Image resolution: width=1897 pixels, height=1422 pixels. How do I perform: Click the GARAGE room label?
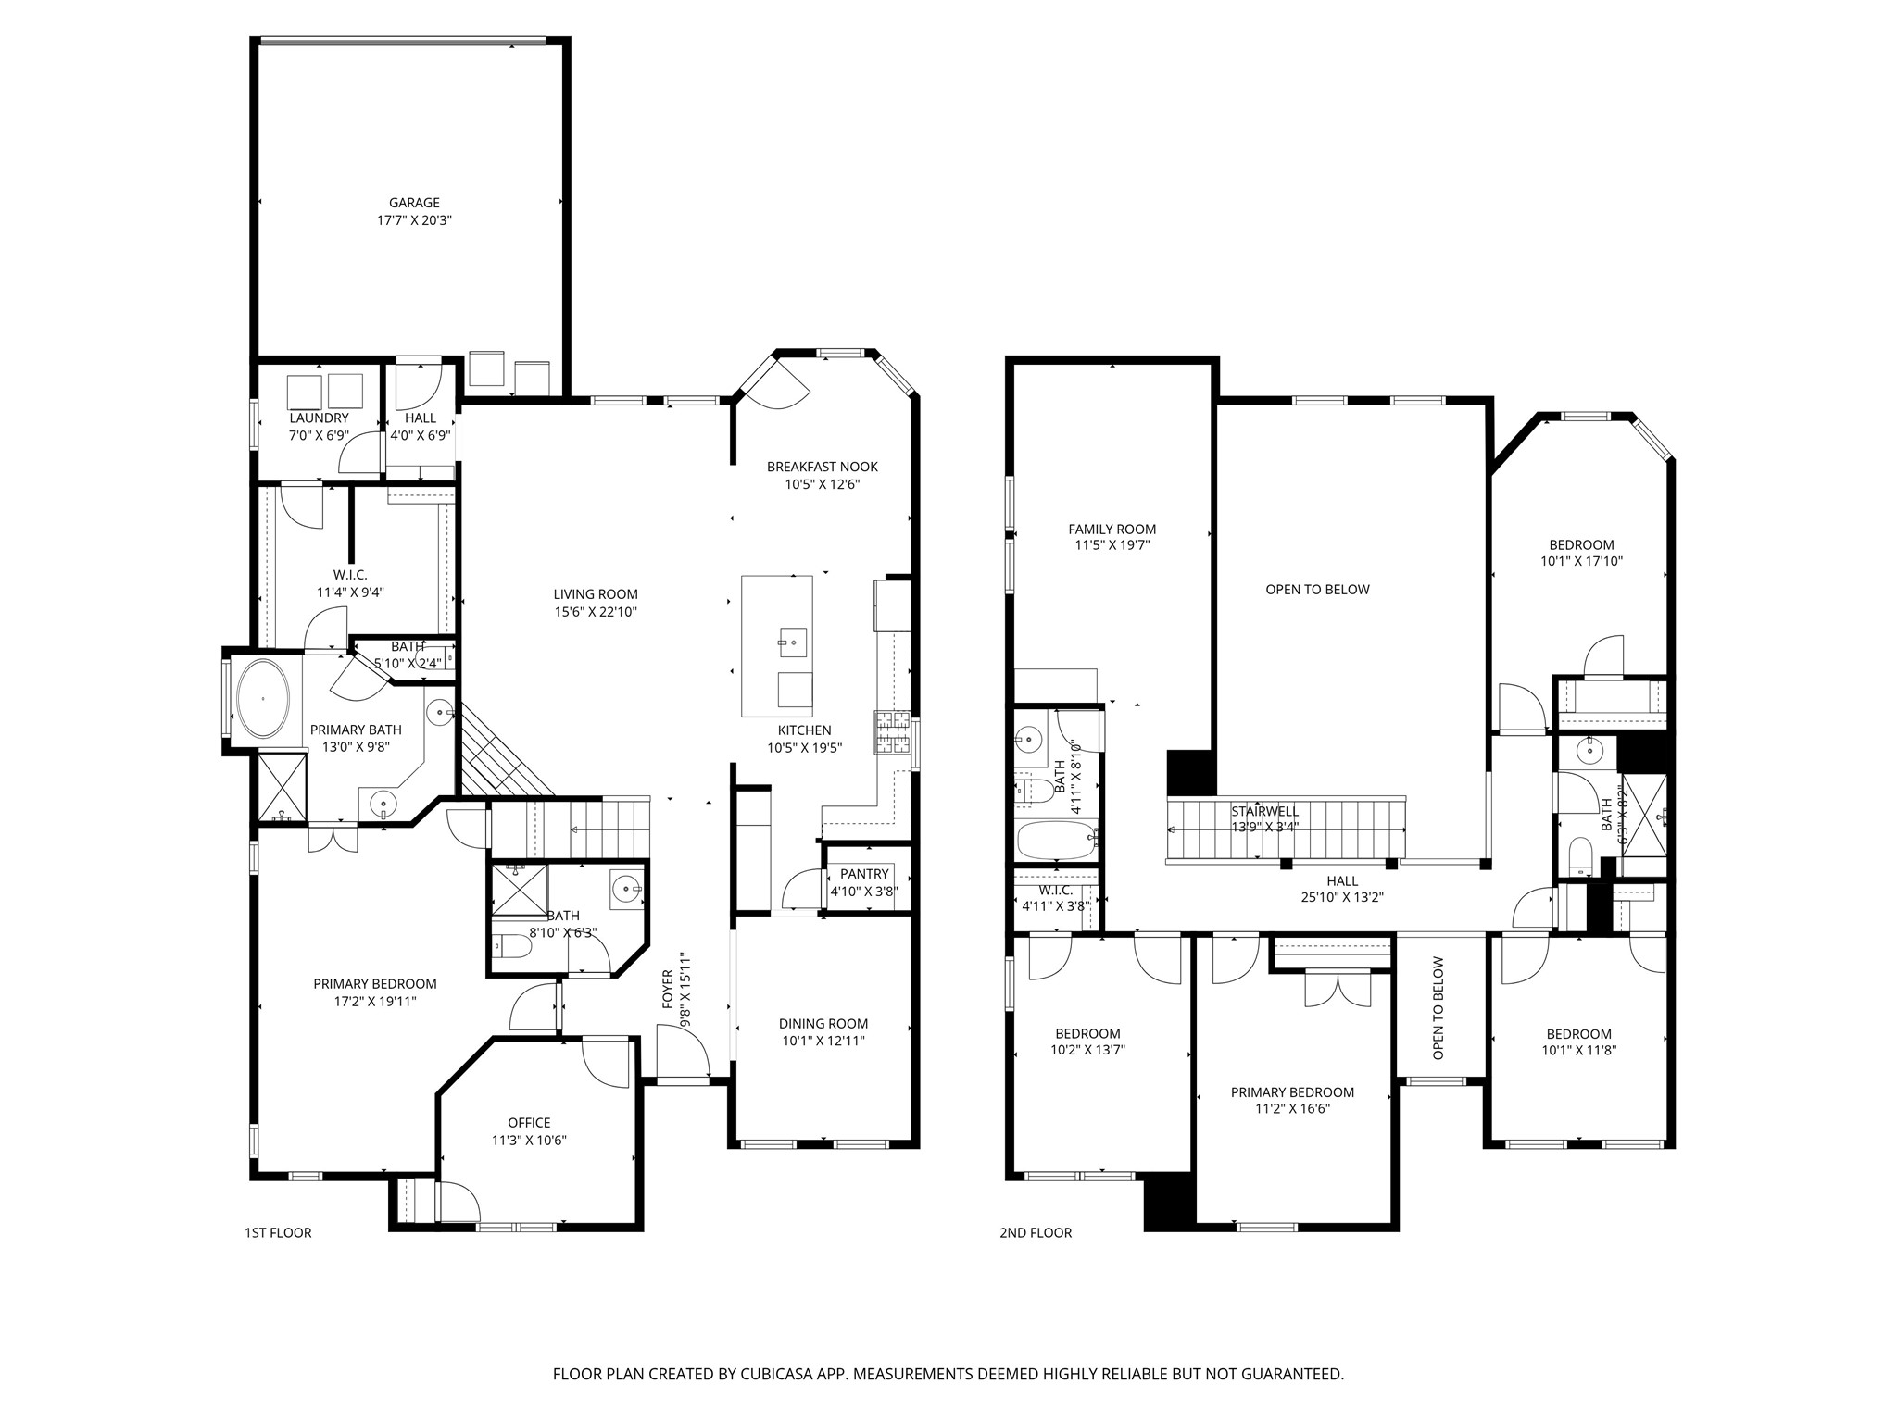coord(414,203)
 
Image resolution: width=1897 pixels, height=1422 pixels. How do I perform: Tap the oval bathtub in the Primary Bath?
coord(264,698)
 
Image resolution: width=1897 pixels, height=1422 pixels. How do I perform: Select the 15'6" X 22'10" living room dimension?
coord(596,612)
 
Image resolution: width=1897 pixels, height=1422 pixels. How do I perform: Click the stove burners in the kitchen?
coord(892,732)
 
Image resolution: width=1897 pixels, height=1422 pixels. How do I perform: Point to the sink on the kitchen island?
coord(792,640)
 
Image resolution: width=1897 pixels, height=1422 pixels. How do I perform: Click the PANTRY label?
coord(864,874)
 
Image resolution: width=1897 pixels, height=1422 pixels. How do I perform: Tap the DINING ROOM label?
coord(823,1023)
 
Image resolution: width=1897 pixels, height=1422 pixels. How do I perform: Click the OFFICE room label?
coord(529,1123)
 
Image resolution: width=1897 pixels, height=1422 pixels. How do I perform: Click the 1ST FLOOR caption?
coord(278,1232)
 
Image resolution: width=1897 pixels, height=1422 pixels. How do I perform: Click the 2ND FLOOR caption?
coord(1036,1232)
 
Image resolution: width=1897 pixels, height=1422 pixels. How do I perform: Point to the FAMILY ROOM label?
coord(1112,530)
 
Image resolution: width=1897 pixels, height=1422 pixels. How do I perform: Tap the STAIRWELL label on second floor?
coord(1264,812)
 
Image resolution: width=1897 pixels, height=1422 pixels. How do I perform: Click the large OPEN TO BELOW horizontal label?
coord(1317,590)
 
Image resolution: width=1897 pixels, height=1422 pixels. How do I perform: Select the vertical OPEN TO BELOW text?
coord(1438,1008)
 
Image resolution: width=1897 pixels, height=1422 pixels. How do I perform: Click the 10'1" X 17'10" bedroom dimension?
coord(1581,561)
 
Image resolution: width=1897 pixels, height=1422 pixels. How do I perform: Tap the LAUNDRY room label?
coord(319,418)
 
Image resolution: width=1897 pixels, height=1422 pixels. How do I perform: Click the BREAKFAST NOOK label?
coord(822,467)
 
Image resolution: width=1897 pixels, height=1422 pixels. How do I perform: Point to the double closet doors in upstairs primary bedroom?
coord(1337,988)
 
